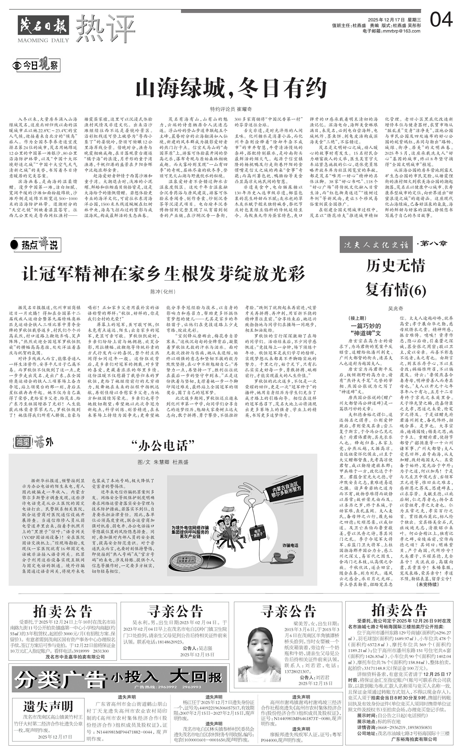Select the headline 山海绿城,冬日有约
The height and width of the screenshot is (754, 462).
click(231, 88)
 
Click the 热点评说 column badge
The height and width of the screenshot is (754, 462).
click(35, 245)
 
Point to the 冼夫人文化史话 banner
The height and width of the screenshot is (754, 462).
click(376, 245)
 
